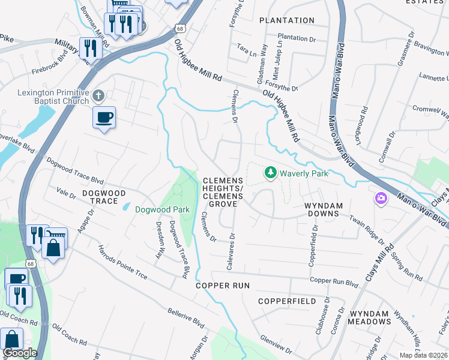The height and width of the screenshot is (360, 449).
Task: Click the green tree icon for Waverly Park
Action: pos(271,173)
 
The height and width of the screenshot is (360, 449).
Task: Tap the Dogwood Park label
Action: pos(162,209)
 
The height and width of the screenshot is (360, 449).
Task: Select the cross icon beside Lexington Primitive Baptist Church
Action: pos(99,95)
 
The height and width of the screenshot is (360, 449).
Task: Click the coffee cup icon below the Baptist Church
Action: pos(104,117)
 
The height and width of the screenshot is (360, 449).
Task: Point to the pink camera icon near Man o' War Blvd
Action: pos(381,198)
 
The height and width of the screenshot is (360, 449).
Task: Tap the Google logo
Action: pos(19,353)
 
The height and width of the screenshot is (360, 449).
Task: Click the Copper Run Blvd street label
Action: pos(334,281)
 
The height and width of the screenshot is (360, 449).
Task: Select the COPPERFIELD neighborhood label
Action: pos(287,301)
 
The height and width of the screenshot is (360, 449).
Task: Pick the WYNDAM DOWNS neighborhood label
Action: pos(324,206)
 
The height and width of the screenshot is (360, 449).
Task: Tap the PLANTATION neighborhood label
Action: pos(287,20)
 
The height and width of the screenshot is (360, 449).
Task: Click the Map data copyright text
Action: pos(423,355)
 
